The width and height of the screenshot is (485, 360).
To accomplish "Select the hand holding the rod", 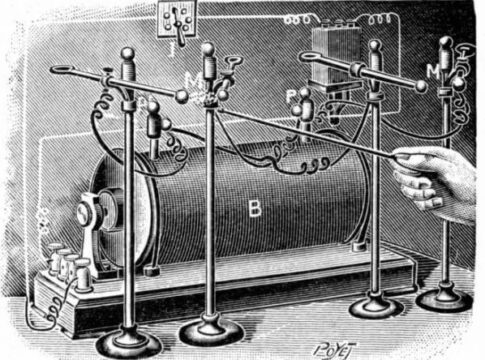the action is click(x=437, y=180).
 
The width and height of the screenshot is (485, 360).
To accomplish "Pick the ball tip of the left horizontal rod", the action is click(x=181, y=96).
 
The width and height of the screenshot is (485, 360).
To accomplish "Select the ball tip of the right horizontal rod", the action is click(x=422, y=87).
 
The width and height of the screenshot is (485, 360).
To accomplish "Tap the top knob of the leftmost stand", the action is click(x=127, y=54).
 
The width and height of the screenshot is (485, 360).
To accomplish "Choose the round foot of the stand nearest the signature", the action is click(x=376, y=304).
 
